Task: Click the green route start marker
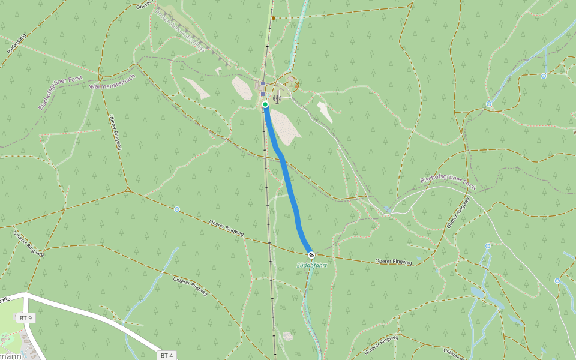point(265,104)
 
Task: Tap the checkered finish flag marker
point(311,254)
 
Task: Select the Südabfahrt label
point(312,265)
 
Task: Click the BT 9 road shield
point(25,317)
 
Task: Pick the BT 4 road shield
point(167,355)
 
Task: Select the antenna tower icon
point(277,98)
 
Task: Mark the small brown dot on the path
point(274,18)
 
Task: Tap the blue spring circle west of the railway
point(177,209)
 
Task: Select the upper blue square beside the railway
point(263,83)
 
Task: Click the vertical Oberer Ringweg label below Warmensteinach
point(115,133)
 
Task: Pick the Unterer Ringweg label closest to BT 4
point(190,287)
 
